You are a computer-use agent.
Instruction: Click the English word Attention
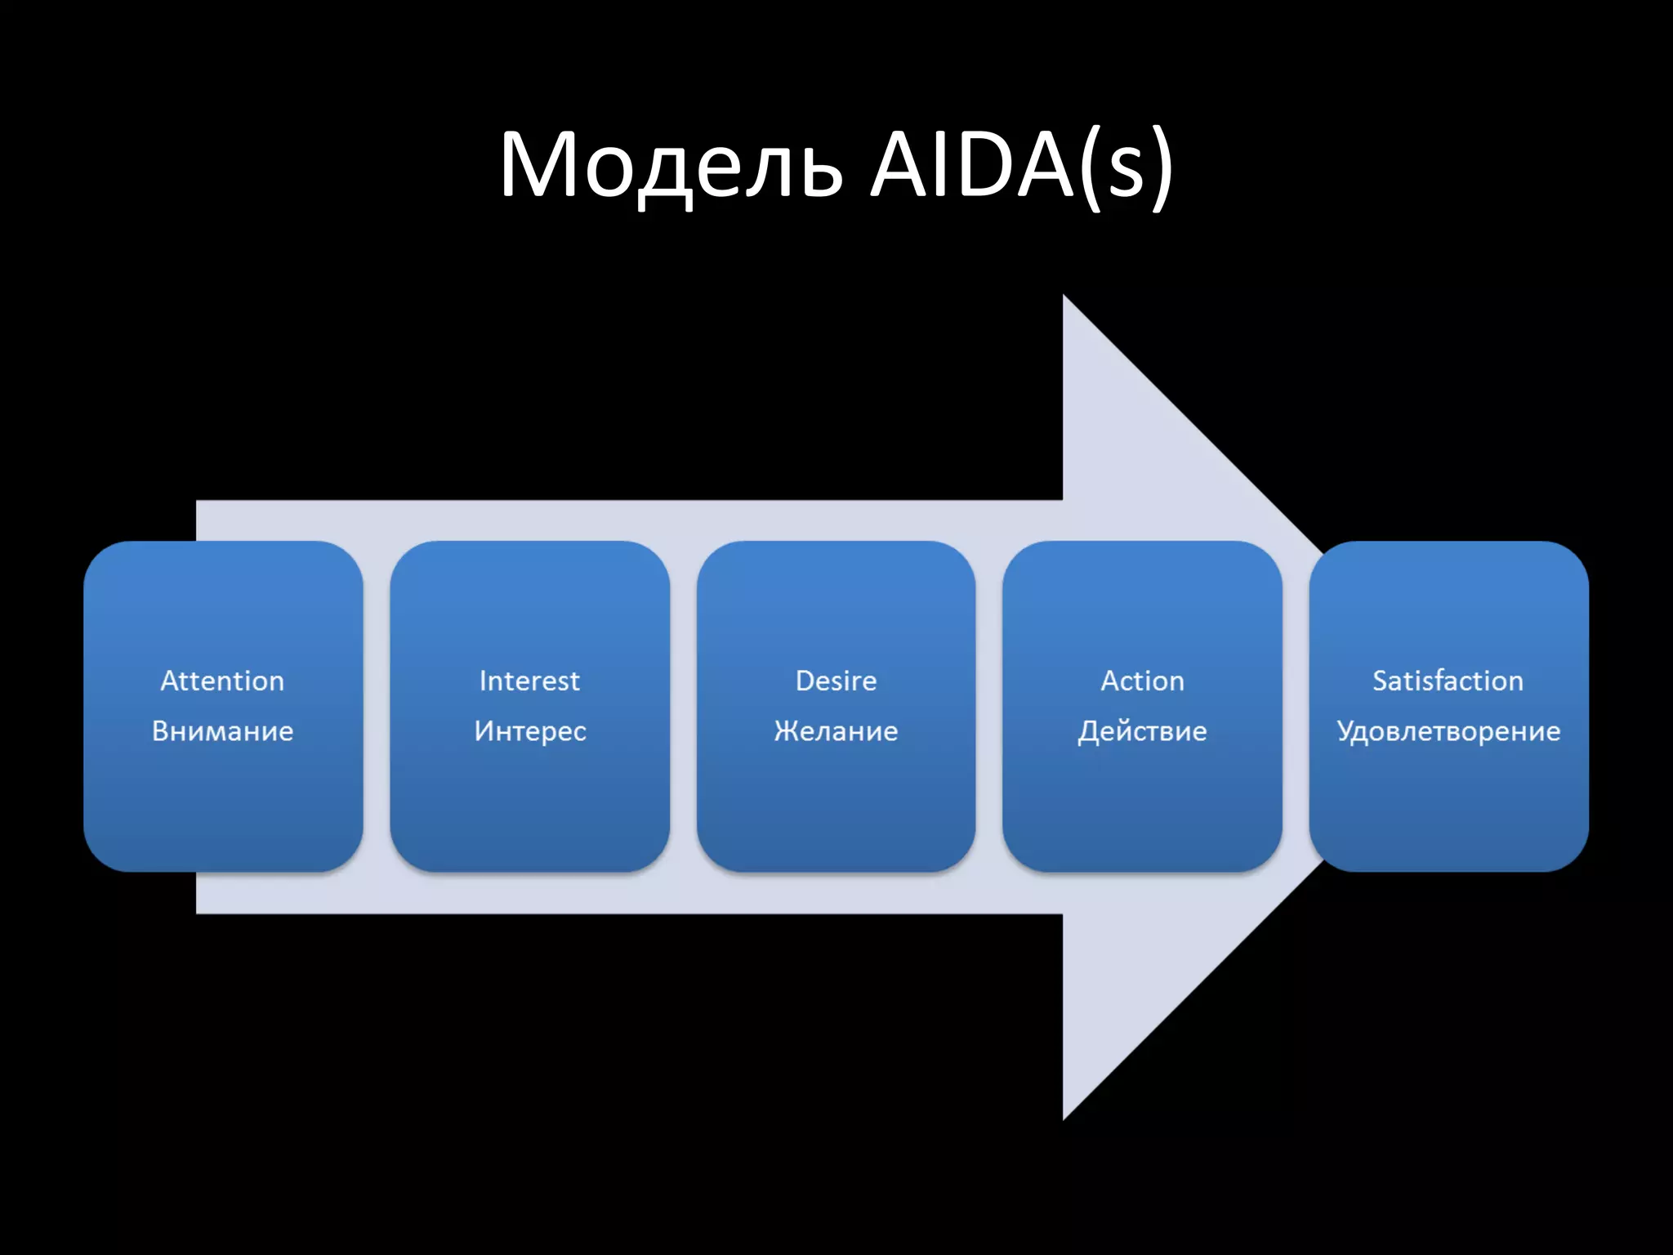point(222,681)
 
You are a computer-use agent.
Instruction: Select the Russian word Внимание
point(222,730)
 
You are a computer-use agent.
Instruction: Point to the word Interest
point(529,681)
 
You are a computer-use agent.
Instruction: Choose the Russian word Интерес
point(530,730)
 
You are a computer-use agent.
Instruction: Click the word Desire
point(836,681)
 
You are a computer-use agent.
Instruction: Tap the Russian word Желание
point(836,730)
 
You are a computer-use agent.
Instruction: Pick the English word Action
point(1142,681)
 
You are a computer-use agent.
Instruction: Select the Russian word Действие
point(1142,730)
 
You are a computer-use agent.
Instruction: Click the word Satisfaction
point(1448,681)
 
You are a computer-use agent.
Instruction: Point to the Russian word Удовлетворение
point(1448,730)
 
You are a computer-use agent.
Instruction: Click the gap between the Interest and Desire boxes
point(683,707)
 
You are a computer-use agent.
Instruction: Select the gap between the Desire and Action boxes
point(989,707)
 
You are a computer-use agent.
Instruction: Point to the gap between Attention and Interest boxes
point(377,707)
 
